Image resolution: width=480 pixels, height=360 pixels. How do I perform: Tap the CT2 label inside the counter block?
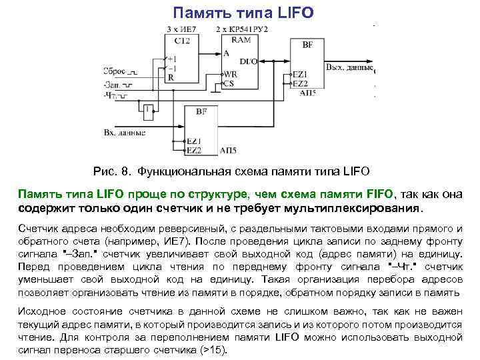(181, 41)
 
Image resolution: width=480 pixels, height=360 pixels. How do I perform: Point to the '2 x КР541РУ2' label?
(241, 30)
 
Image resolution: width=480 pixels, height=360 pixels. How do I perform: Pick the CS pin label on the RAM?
(229, 83)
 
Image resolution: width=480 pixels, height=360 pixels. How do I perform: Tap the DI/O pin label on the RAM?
(249, 62)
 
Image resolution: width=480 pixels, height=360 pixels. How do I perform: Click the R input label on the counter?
(171, 77)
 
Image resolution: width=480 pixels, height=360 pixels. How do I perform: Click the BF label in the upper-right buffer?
(307, 45)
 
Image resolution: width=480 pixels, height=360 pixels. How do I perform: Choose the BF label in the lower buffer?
(201, 111)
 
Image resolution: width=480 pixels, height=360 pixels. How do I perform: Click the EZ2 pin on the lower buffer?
(194, 150)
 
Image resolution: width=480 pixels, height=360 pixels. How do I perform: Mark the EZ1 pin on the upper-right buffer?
(300, 73)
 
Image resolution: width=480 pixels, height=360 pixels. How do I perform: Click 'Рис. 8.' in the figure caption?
(114, 171)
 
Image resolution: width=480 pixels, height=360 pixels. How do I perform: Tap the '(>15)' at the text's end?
(215, 351)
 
